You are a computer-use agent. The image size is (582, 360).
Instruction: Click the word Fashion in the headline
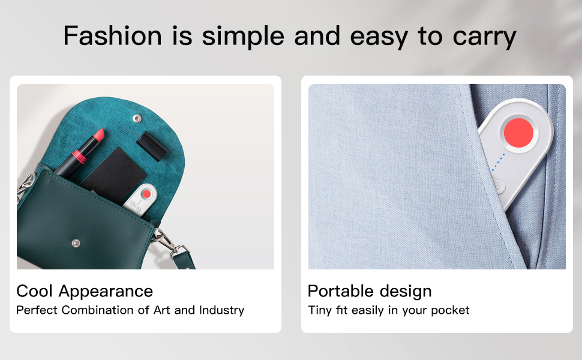click(x=112, y=35)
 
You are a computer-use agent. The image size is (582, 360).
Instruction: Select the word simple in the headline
click(x=243, y=37)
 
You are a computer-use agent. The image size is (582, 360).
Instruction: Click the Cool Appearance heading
click(x=85, y=292)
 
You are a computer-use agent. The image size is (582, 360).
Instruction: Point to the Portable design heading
click(x=370, y=292)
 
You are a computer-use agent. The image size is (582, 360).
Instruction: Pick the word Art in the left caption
click(x=162, y=310)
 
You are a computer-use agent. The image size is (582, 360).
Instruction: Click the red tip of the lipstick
click(x=99, y=135)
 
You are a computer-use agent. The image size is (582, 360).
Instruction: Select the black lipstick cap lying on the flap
click(x=152, y=146)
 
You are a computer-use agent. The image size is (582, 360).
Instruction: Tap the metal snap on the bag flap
click(x=137, y=119)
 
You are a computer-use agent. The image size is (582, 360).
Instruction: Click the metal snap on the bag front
click(x=76, y=243)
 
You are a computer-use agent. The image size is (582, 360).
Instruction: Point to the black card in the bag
click(x=113, y=174)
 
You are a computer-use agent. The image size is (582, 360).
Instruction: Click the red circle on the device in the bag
click(x=147, y=194)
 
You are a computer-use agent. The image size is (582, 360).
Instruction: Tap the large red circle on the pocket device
click(x=518, y=133)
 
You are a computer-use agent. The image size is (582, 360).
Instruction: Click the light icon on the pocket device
click(x=499, y=185)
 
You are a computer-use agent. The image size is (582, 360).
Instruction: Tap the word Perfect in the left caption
click(x=37, y=310)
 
